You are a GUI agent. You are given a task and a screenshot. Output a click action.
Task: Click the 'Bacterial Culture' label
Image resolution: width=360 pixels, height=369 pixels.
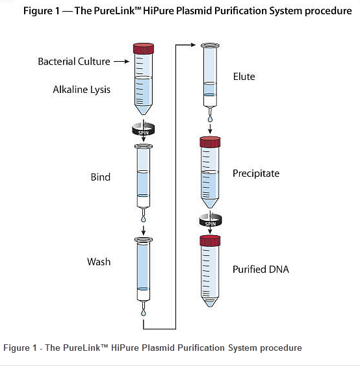[x=74, y=62]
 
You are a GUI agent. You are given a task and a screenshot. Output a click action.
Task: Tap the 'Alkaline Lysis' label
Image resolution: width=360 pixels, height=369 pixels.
[x=81, y=90]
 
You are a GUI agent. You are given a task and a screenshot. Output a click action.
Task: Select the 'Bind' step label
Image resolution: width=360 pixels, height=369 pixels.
[x=101, y=177]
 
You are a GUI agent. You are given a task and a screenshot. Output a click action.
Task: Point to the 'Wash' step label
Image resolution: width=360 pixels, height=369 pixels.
[x=99, y=262]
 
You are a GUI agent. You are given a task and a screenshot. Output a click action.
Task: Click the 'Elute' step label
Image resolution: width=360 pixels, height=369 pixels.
[x=244, y=77]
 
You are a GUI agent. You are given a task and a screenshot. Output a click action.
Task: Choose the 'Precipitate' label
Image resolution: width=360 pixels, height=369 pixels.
[x=256, y=173]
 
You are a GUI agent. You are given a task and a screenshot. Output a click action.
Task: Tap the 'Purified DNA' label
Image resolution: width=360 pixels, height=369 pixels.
[x=261, y=269]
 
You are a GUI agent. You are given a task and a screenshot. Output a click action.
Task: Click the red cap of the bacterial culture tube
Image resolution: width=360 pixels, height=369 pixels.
[x=144, y=48]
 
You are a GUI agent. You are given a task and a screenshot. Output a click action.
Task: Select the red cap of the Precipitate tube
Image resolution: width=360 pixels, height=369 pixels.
[x=210, y=142]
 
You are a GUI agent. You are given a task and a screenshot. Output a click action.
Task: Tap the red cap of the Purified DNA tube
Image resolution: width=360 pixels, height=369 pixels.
[x=210, y=240]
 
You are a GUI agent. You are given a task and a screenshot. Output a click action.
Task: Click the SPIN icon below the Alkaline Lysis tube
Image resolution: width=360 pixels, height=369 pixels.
[x=144, y=129]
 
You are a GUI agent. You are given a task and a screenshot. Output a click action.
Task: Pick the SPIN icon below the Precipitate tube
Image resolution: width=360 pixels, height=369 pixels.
[x=211, y=220]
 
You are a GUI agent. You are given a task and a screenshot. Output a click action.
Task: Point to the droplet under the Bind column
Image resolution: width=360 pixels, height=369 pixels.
[x=144, y=220]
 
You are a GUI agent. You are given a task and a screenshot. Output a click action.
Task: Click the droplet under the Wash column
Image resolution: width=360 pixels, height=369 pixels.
[x=144, y=312]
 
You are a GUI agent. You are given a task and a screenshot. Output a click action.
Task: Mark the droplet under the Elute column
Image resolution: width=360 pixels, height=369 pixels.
[x=210, y=119]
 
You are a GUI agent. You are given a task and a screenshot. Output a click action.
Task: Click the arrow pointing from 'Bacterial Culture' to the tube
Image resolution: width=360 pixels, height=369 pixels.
[x=122, y=62]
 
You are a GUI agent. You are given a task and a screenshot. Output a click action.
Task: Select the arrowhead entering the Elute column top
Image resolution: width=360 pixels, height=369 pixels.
[x=193, y=44]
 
